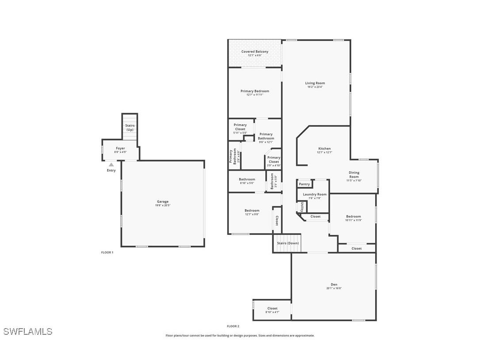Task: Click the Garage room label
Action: point(163,202)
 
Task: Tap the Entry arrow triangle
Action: point(111,165)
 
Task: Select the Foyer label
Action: point(121,149)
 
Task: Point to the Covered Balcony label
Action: point(255,52)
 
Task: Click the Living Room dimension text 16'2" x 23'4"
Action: point(315,87)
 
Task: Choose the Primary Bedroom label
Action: point(255,91)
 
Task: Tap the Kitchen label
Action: point(324,149)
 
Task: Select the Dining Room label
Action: point(354,175)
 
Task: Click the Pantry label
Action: point(304,184)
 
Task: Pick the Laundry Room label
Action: point(315,194)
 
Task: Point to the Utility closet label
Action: point(302,207)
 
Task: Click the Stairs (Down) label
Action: point(288,243)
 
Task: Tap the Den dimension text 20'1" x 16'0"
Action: point(334,288)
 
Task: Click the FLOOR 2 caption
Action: point(233,326)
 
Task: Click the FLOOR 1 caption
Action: point(107,253)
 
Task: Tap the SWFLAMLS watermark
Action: point(27,332)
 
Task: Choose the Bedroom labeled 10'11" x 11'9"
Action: point(354,217)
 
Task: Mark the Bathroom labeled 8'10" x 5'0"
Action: point(247,180)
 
